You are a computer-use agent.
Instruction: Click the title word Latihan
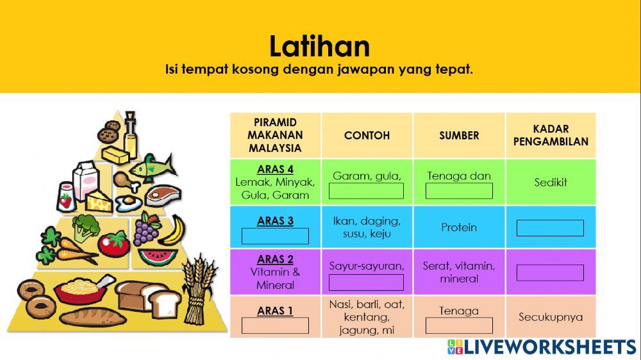click(319, 47)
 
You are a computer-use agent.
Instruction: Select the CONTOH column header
click(367, 135)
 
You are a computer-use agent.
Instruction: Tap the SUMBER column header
click(459, 135)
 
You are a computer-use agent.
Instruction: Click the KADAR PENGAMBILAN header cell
click(551, 135)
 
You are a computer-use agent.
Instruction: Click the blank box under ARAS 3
click(275, 236)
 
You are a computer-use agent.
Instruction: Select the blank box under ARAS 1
click(275, 325)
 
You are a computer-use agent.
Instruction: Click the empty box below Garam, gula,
click(366, 191)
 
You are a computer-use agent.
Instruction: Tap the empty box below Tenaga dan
click(459, 191)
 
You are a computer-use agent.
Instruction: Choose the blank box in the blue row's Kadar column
click(550, 228)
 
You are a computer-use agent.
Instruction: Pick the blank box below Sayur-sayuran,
click(366, 282)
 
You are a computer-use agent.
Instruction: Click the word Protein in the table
click(459, 227)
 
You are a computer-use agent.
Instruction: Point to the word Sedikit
click(551, 183)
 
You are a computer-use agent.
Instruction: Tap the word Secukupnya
click(551, 317)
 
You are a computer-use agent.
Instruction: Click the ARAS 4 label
click(275, 170)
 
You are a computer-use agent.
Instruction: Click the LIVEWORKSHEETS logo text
click(549, 347)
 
